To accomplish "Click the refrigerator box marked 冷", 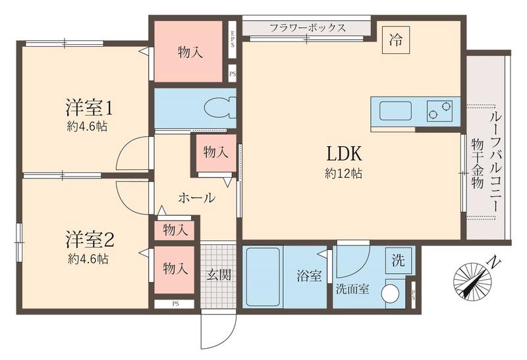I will click(396, 38).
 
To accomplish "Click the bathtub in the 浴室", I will click(263, 277).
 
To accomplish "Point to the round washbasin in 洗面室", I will click(392, 292).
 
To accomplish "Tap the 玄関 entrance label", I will click(219, 275).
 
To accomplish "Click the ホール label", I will click(196, 197).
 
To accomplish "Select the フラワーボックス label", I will click(308, 28).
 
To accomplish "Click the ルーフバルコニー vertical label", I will click(493, 161).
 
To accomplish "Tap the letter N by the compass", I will click(490, 263).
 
